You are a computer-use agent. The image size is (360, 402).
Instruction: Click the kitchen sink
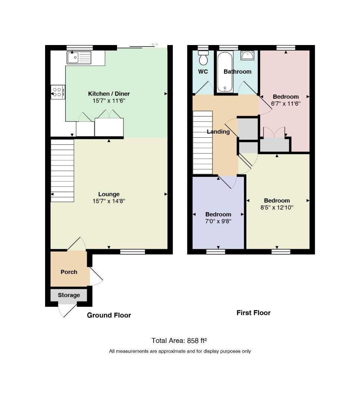click(79, 57)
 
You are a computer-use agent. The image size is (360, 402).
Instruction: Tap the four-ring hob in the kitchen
click(58, 92)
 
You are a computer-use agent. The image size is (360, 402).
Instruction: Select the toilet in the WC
click(203, 58)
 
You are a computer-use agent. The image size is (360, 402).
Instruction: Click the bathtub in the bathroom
click(225, 72)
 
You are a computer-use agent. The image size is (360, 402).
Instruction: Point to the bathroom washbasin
click(247, 55)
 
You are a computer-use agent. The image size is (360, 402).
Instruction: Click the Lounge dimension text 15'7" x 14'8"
click(109, 201)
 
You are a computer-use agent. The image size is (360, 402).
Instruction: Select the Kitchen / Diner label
click(109, 93)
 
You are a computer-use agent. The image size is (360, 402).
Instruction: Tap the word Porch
click(69, 272)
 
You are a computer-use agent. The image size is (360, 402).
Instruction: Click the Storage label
click(69, 295)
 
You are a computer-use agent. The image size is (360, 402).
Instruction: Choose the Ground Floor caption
click(109, 315)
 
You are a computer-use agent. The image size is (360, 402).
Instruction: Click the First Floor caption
click(253, 313)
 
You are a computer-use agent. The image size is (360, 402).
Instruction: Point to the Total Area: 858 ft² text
click(179, 341)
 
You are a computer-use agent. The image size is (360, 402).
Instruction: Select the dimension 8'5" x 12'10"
click(277, 207)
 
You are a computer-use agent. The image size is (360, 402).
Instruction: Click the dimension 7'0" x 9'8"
click(218, 221)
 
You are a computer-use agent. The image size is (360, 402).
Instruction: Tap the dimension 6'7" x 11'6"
click(286, 103)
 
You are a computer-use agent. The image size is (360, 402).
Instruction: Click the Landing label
click(218, 131)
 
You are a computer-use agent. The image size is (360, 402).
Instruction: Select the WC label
click(203, 71)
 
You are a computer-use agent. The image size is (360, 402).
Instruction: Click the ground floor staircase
click(62, 170)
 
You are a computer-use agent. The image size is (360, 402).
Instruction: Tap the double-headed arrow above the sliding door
click(155, 44)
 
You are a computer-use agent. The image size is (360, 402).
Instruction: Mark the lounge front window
click(133, 252)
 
